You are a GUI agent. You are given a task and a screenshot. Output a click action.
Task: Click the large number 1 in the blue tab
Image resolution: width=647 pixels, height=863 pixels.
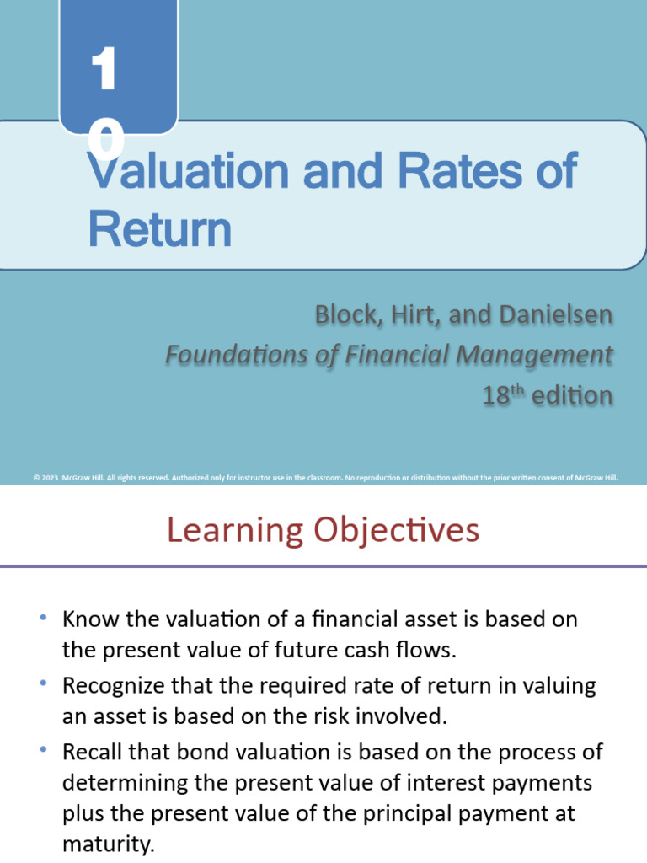click(x=104, y=72)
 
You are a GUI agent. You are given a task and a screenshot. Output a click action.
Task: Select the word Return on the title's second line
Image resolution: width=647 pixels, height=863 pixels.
click(x=159, y=228)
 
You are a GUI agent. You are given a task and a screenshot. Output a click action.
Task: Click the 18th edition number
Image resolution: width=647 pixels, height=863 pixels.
click(x=498, y=395)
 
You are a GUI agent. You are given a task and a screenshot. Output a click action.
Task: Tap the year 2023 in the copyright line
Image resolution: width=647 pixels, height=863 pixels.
click(x=51, y=477)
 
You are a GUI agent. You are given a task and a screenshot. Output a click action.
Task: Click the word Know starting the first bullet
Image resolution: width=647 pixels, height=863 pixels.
click(x=88, y=619)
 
